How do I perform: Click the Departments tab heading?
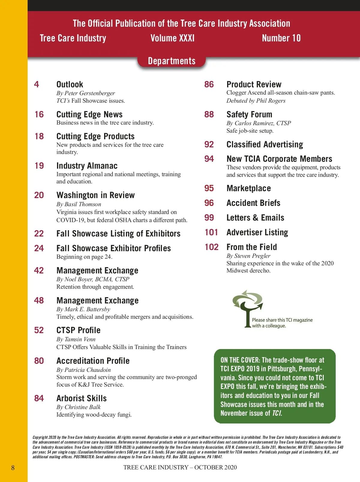pos(172,61)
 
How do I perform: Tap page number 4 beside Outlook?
pos(37,84)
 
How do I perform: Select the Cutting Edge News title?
pos(89,114)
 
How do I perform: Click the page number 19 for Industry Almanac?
pos(39,166)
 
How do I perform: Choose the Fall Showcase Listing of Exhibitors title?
pos(118,233)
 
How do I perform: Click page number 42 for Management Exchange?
pos(39,270)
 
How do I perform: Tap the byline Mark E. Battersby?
pos(87,309)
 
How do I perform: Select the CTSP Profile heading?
pos(78,330)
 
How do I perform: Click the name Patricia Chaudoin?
pos(88,370)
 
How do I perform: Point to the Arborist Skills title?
pos(81,398)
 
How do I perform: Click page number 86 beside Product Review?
pos(209,84)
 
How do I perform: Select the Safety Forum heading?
pos(249,114)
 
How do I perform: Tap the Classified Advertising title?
pos(265,144)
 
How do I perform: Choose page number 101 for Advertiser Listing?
pos(211,232)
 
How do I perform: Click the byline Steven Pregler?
pos(252,256)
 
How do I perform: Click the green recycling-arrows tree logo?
pos(248,308)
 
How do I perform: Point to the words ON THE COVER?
pos(240,360)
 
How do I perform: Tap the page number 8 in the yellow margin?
pos(13,468)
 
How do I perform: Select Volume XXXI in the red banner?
pos(172,38)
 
